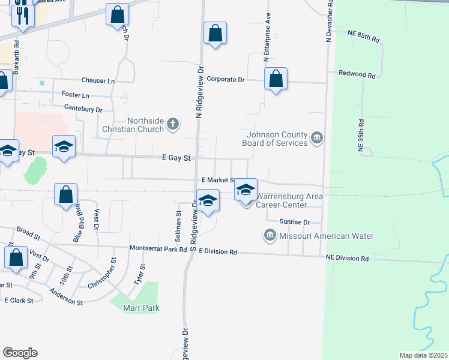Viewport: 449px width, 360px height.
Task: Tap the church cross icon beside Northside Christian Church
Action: pos(173,125)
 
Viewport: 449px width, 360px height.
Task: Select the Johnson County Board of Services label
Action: pos(274,139)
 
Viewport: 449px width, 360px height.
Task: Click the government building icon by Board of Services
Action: pos(317,139)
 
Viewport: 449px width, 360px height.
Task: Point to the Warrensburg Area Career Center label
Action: pos(290,200)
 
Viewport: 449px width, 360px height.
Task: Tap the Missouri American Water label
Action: pos(327,236)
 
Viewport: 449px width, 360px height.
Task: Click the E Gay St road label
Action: pos(176,158)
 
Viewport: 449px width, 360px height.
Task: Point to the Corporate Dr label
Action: pos(226,79)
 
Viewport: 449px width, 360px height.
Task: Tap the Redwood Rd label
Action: pos(357,75)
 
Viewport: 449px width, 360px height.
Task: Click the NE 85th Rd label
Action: pos(364,37)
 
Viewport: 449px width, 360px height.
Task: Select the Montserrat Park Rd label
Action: pos(158,248)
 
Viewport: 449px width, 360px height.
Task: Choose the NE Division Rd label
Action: pos(348,259)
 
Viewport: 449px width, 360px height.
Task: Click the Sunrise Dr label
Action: pos(294,221)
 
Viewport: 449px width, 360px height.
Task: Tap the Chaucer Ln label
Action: pos(98,80)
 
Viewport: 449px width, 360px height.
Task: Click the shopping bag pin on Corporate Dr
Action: pos(276,79)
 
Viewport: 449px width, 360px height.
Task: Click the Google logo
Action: pos(20,353)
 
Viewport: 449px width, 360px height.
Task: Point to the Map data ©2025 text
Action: pos(423,355)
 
